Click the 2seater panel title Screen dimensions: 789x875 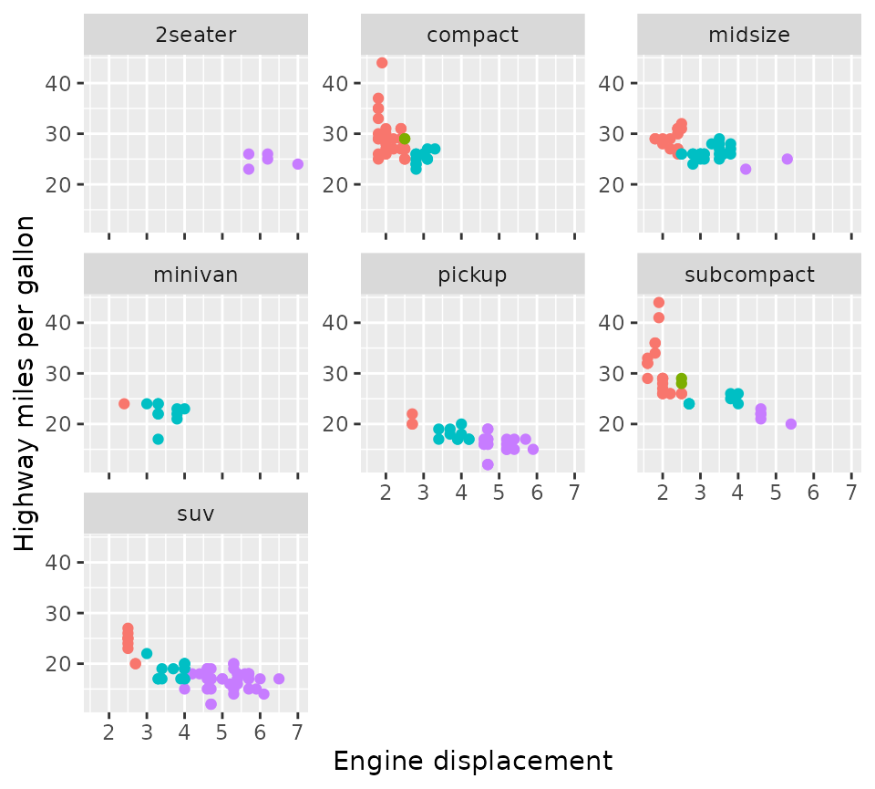point(196,36)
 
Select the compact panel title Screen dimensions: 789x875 point(472,36)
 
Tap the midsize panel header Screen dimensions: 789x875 point(748,36)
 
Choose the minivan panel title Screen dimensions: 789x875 point(196,275)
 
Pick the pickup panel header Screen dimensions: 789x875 point(472,275)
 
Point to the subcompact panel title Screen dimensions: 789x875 point(748,275)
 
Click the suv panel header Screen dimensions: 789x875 point(196,514)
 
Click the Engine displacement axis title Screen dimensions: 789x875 point(472,761)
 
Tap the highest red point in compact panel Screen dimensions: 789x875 point(382,63)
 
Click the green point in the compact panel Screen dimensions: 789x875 point(405,139)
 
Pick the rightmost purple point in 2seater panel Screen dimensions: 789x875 point(298,164)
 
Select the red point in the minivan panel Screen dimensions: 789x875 point(124,403)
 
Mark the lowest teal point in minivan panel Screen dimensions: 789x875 point(158,439)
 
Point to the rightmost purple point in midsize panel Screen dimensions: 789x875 point(787,159)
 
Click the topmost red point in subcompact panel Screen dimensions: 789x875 point(659,303)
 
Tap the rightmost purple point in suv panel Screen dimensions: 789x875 point(279,679)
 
